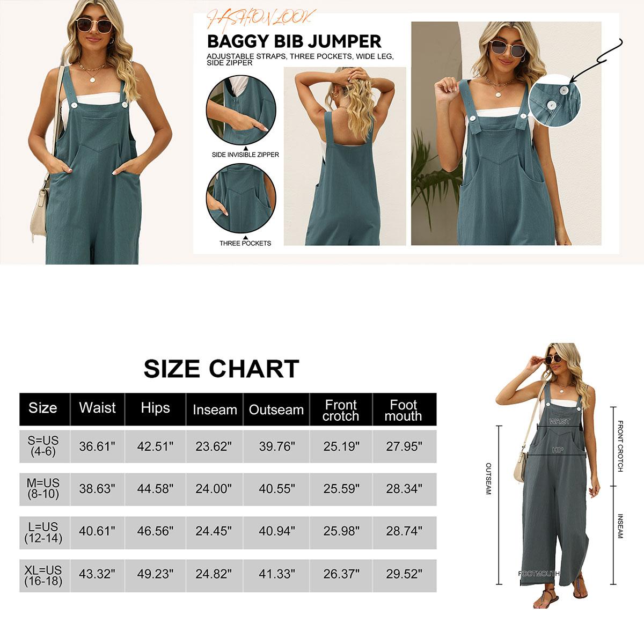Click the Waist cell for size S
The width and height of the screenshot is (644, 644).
97,446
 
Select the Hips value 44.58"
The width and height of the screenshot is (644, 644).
155,489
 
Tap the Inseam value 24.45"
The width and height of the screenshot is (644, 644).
214,531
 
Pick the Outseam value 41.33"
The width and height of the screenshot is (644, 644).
276,574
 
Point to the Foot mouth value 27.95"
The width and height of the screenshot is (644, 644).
404,446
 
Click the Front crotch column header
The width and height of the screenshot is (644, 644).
341,411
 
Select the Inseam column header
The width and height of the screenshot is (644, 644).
215,410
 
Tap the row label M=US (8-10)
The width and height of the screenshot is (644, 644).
43,489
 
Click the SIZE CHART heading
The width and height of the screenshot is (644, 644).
221,369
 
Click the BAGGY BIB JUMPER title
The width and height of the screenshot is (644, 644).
294,41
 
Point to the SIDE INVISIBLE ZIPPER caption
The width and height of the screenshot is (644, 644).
245,155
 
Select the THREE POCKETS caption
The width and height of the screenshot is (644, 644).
245,243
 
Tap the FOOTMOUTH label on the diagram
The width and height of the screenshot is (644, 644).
538,574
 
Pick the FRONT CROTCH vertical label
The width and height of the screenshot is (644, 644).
620,446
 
